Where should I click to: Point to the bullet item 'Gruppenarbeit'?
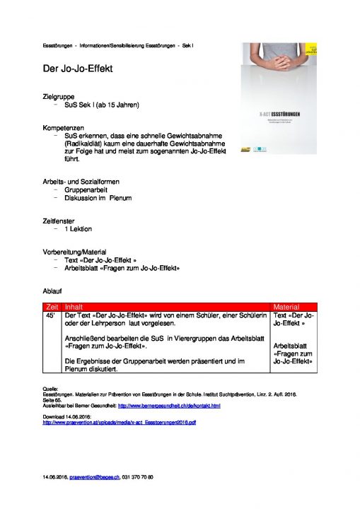point(86,190)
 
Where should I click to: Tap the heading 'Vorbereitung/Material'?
point(79,252)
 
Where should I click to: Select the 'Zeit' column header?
point(52,307)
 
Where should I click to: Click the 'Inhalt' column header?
point(74,307)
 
